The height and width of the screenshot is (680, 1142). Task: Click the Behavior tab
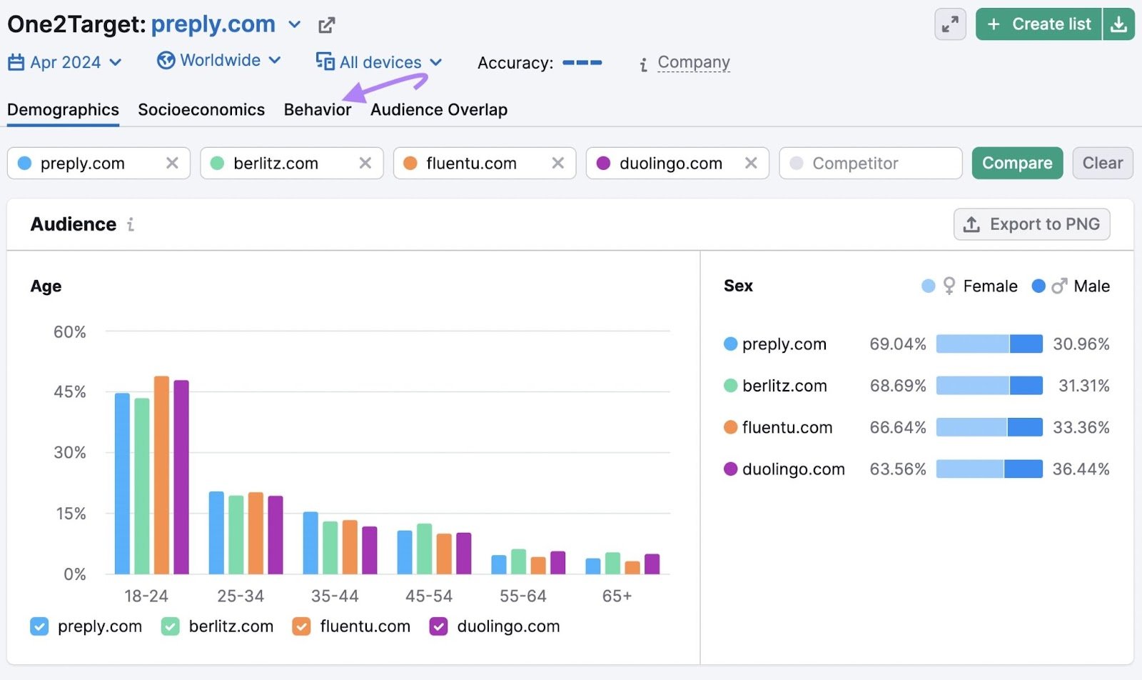(x=317, y=110)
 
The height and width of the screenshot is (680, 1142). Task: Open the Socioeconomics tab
(x=201, y=110)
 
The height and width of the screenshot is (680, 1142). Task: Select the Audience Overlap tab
(x=438, y=110)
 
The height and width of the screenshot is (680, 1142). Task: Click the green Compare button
(x=1016, y=163)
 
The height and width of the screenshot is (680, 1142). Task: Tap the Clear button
(x=1102, y=163)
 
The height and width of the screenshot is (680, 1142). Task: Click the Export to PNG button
(x=1031, y=224)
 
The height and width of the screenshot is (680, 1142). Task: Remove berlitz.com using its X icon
(x=365, y=163)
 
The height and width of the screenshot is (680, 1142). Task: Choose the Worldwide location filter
(x=219, y=61)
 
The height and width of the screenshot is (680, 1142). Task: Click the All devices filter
(x=379, y=63)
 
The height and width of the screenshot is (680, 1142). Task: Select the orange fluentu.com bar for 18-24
(x=162, y=475)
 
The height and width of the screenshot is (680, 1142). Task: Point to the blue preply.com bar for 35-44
(x=310, y=543)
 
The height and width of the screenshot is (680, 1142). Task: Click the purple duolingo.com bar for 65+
(x=652, y=564)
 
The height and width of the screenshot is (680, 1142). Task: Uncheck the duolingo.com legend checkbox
(x=438, y=626)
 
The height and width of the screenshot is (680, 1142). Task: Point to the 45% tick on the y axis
(x=69, y=392)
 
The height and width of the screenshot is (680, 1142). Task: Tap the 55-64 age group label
(x=522, y=596)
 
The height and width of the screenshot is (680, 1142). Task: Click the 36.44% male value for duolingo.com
(x=1080, y=469)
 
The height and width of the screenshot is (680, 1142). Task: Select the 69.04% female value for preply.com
(x=897, y=344)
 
